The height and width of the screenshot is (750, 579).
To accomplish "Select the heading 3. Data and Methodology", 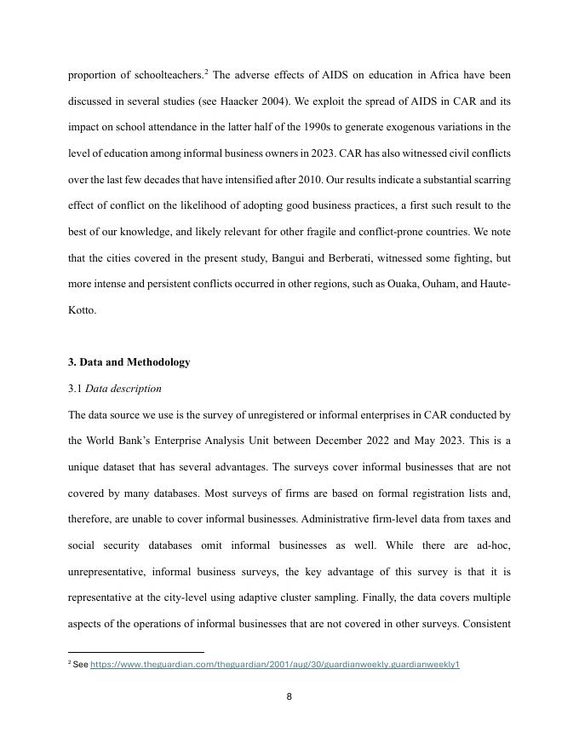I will point(129,362).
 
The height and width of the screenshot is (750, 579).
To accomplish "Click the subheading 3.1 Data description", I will point(114,389).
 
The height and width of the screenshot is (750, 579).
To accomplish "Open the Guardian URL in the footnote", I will point(274,665).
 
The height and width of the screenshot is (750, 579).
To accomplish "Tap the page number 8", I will point(289,696).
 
